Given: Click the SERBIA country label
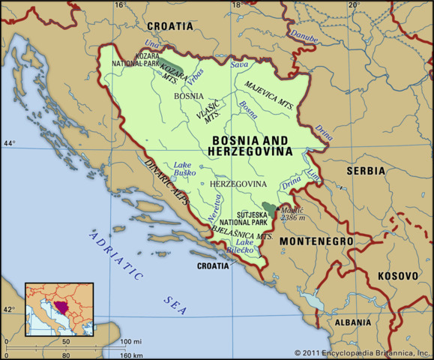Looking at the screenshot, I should coord(365,171).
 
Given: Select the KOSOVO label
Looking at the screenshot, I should coord(397,276).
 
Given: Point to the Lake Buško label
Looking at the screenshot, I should coord(184,168).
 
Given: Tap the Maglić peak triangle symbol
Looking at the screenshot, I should coord(280,208).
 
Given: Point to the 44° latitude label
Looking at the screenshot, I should coord(9,142).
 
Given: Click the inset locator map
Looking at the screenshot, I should coord(59,307).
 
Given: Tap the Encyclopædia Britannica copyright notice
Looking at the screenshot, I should coord(363,352).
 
